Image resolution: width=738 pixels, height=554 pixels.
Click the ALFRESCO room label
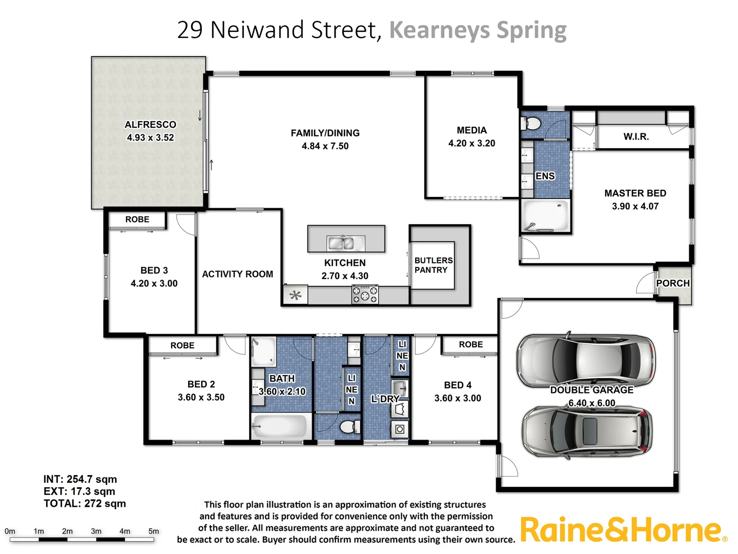pos(150,125)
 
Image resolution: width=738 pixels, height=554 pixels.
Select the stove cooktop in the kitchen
pos(365,295)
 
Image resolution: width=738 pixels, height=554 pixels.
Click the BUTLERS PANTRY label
pos(433,265)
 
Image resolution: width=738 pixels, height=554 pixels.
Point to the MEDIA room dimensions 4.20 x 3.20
pos(471,144)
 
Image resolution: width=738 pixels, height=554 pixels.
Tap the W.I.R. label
pos(636,137)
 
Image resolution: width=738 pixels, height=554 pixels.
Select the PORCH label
pos(672,283)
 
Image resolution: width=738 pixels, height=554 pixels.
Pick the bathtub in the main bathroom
pos(280,426)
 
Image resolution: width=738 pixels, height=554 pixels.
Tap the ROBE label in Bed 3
pos(137,220)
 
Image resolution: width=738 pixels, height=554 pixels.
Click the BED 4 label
pos(458,385)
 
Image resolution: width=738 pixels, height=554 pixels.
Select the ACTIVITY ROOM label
pos(237,274)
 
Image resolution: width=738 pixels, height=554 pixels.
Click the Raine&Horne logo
pos(623,530)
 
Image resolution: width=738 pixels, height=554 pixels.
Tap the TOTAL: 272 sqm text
pos(85,504)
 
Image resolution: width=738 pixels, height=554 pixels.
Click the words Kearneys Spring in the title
pos(478,30)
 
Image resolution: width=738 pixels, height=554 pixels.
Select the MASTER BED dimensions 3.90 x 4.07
pos(635,206)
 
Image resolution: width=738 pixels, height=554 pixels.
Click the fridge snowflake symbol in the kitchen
pos(295,295)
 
